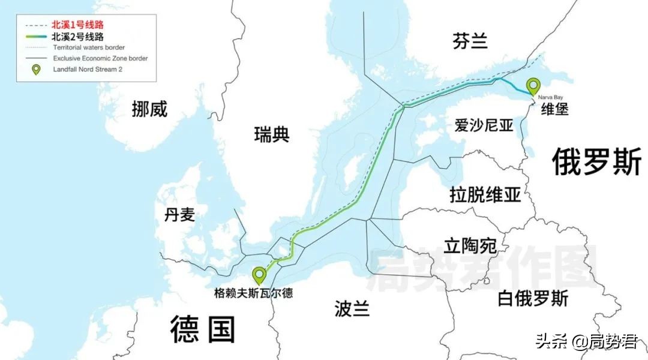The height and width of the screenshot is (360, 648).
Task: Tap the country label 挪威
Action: click(x=149, y=109)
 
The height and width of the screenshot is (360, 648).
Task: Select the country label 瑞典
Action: click(x=272, y=134)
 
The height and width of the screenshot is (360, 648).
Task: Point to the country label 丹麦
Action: click(x=179, y=214)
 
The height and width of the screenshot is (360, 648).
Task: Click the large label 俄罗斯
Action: click(x=596, y=161)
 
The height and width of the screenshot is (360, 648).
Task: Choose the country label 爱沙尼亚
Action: click(x=484, y=125)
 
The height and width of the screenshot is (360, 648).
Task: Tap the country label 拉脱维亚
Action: click(x=485, y=194)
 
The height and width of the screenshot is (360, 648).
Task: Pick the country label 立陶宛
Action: click(x=470, y=245)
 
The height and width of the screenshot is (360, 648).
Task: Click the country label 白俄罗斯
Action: click(x=533, y=298)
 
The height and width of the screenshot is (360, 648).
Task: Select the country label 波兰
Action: click(x=352, y=309)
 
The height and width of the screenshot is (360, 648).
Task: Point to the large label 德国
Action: click(x=203, y=329)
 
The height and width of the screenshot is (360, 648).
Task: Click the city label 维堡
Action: click(x=554, y=109)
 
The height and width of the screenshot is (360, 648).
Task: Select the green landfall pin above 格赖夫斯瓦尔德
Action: click(x=259, y=275)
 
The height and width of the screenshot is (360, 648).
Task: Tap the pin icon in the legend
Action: click(x=36, y=70)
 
